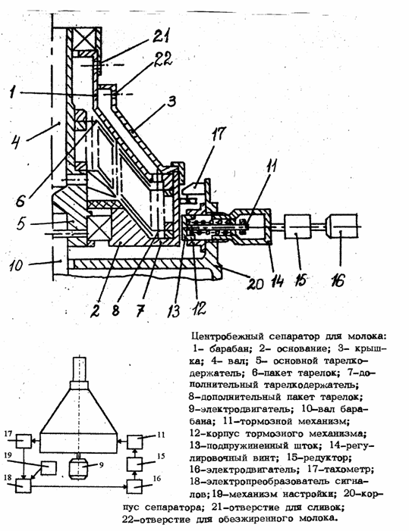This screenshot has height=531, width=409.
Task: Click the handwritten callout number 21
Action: (161, 36)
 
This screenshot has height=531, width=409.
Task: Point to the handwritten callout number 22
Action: (162, 60)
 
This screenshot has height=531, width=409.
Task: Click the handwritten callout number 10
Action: (16, 264)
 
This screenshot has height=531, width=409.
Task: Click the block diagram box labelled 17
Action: (24, 442)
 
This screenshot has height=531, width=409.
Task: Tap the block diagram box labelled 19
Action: (49, 468)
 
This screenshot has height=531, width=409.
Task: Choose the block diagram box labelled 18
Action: (24, 486)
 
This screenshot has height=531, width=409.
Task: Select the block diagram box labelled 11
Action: (135, 442)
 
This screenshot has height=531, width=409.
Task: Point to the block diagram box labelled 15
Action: (135, 464)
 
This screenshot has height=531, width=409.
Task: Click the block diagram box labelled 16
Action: (135, 486)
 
